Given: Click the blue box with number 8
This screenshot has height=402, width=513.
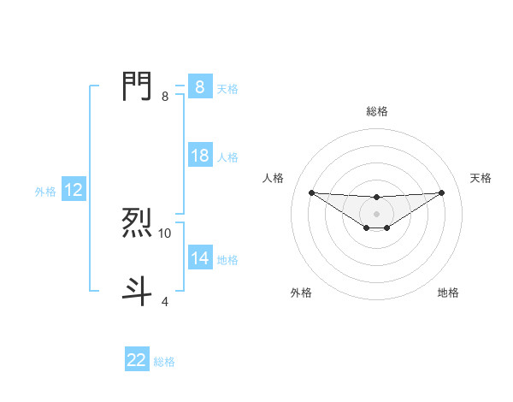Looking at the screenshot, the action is (x=199, y=87).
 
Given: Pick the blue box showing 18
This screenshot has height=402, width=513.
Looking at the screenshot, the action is (x=199, y=156).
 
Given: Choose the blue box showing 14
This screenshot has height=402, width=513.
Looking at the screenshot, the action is (x=199, y=258).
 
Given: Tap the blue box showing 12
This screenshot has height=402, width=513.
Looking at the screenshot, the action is (x=73, y=190).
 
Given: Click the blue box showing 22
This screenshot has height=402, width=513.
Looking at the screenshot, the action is (x=137, y=360).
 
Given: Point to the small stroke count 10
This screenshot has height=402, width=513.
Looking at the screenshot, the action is (x=165, y=233).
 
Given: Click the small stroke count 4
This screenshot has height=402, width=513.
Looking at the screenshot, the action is (x=165, y=301).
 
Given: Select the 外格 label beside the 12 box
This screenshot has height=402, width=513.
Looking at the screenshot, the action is (x=45, y=192).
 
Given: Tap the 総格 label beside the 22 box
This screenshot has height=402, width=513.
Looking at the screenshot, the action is (x=164, y=362).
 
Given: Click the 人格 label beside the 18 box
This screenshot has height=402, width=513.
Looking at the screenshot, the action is (x=227, y=157).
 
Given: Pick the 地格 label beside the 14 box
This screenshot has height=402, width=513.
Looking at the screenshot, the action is (x=227, y=260).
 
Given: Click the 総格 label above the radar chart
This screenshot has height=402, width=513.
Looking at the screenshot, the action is (x=377, y=111).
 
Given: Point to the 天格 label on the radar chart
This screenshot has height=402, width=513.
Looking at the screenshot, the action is (x=481, y=178).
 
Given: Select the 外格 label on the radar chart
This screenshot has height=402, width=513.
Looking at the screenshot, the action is (x=301, y=293).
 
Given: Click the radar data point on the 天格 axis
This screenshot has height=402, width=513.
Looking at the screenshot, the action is (x=441, y=192).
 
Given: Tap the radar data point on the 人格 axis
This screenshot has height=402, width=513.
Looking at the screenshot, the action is (x=311, y=192).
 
